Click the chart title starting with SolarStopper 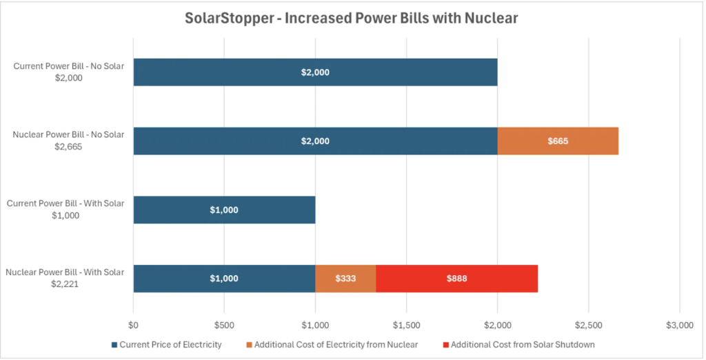click(x=351, y=19)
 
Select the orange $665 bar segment click(x=558, y=141)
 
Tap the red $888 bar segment click(x=456, y=279)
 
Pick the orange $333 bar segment click(x=345, y=279)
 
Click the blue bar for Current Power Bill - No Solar click(x=315, y=72)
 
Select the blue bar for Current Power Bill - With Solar click(x=224, y=210)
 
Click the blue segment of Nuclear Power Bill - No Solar click(x=315, y=141)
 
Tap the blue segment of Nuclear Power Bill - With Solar click(x=224, y=279)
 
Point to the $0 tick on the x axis click(x=134, y=325)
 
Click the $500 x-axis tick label click(x=224, y=325)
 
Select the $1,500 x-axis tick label click(x=406, y=325)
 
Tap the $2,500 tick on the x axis click(x=588, y=325)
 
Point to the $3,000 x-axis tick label click(x=679, y=325)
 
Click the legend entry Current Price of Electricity click(x=171, y=343)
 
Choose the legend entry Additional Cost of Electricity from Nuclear click(x=336, y=343)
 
